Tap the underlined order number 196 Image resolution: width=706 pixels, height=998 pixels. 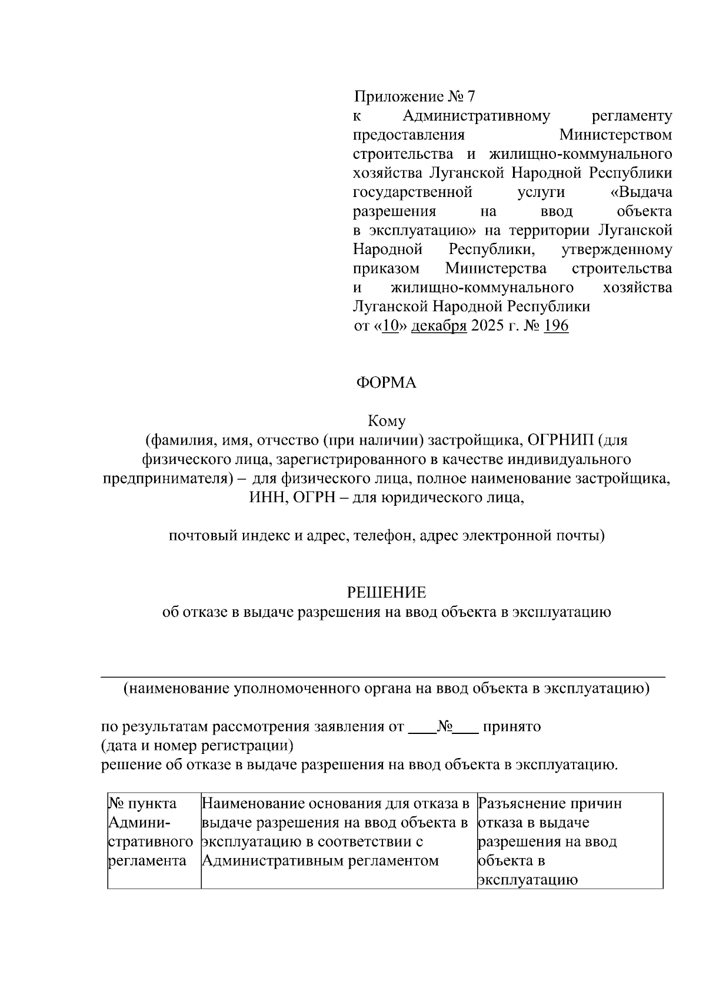(x=556, y=326)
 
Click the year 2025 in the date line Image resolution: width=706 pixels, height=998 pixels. (x=487, y=326)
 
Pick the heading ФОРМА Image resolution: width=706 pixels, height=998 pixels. (x=386, y=383)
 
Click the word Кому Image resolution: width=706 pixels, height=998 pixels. (x=387, y=421)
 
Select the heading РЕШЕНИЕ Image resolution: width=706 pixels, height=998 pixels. (x=387, y=592)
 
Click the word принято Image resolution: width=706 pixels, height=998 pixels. (x=511, y=727)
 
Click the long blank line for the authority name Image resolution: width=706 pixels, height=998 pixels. (x=383, y=677)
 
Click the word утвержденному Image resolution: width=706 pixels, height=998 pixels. (x=617, y=249)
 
